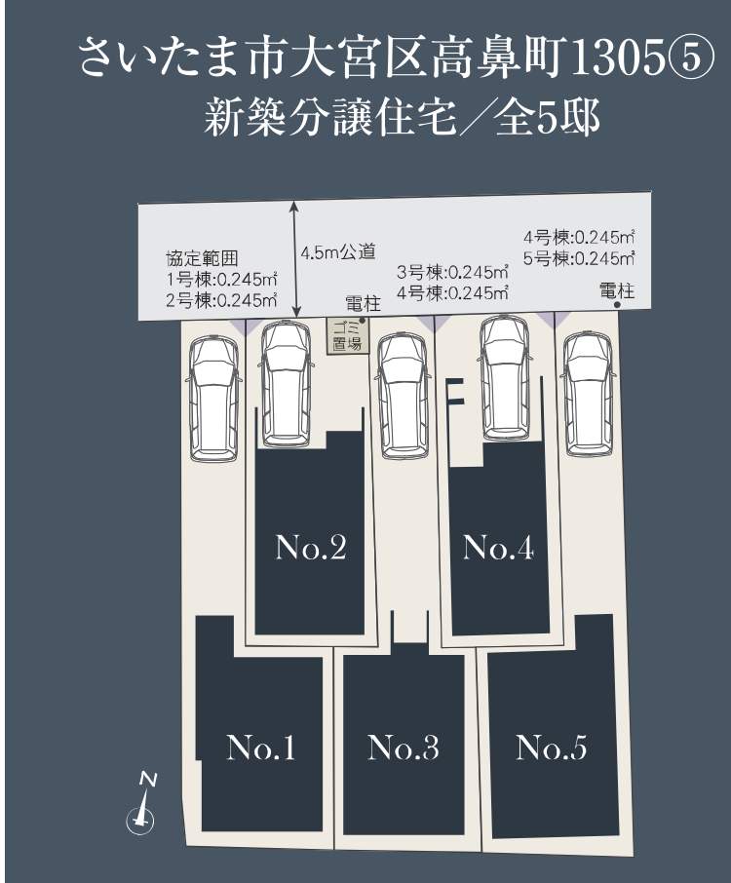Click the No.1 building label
260,749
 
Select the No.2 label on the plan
311,549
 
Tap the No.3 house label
403,749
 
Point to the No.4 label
498,549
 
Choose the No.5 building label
551,749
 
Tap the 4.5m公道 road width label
337,252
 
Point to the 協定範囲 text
202,259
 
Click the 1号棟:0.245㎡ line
221,280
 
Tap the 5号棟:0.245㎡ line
579,258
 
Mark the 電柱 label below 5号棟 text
617,290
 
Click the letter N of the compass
148,779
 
